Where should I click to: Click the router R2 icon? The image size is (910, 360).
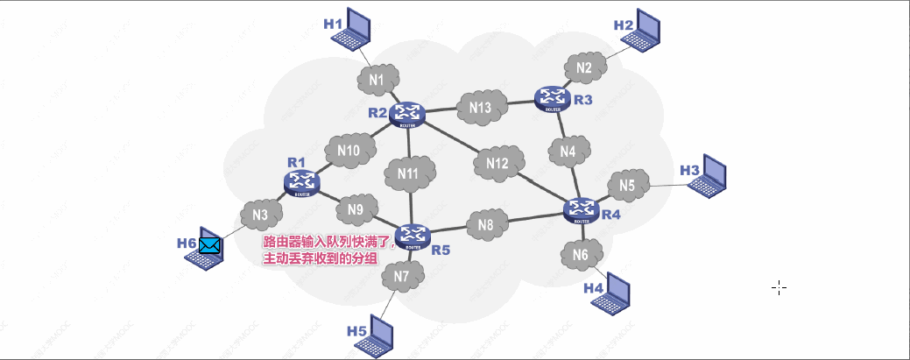point(407,114)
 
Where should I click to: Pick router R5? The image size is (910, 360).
point(413,236)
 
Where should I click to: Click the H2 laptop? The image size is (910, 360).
point(647,31)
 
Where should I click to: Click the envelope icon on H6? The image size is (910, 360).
point(209,245)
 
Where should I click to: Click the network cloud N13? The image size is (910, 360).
point(480,107)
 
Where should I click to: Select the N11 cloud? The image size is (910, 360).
point(409,173)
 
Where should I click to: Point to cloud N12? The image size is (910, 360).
point(497,163)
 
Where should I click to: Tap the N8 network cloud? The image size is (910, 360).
point(486,225)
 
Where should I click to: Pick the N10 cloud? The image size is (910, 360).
point(348,151)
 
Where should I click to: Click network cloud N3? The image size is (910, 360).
point(260,214)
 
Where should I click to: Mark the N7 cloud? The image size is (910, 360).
point(402,277)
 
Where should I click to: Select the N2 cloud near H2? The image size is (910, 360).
point(584,67)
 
